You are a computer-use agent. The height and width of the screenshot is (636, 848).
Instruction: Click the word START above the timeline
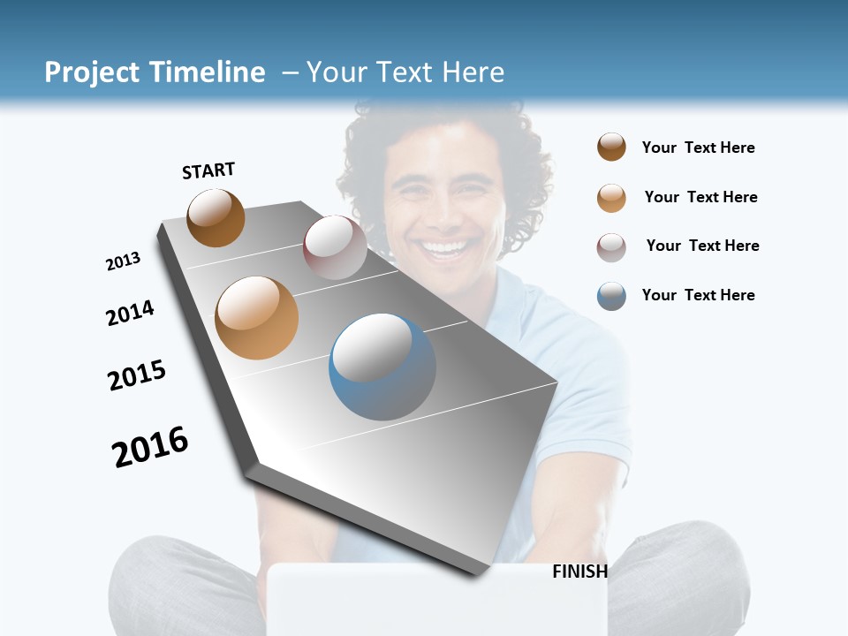[x=208, y=170]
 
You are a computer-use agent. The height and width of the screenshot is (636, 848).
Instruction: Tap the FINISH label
[x=579, y=572]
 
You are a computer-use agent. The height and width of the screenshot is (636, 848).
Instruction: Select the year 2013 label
[x=124, y=261]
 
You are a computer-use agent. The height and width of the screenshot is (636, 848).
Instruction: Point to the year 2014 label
[x=130, y=313]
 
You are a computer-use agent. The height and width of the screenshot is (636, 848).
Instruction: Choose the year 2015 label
[x=137, y=375]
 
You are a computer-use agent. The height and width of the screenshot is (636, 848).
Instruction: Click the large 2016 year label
[x=150, y=446]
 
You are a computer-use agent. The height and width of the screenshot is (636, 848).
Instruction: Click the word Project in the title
[x=93, y=72]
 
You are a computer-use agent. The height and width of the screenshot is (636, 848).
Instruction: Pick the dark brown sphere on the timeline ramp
[x=216, y=217]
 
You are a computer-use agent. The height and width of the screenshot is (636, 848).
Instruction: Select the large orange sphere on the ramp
[x=256, y=318]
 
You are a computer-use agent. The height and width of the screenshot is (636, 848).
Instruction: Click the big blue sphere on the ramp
[x=382, y=367]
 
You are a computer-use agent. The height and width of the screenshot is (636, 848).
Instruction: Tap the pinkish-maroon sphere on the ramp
[x=335, y=247]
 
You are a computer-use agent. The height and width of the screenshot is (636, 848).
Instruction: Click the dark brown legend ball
[x=611, y=147]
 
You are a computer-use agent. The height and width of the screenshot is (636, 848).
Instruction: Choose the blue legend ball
[x=611, y=296]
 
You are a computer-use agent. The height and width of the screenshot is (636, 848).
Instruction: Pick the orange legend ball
[x=611, y=198]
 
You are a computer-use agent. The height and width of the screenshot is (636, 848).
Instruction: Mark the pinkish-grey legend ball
[x=611, y=247]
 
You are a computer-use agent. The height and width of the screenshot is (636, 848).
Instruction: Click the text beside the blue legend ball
[x=698, y=295]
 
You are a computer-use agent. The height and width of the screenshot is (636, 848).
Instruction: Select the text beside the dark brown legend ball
[x=698, y=148]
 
